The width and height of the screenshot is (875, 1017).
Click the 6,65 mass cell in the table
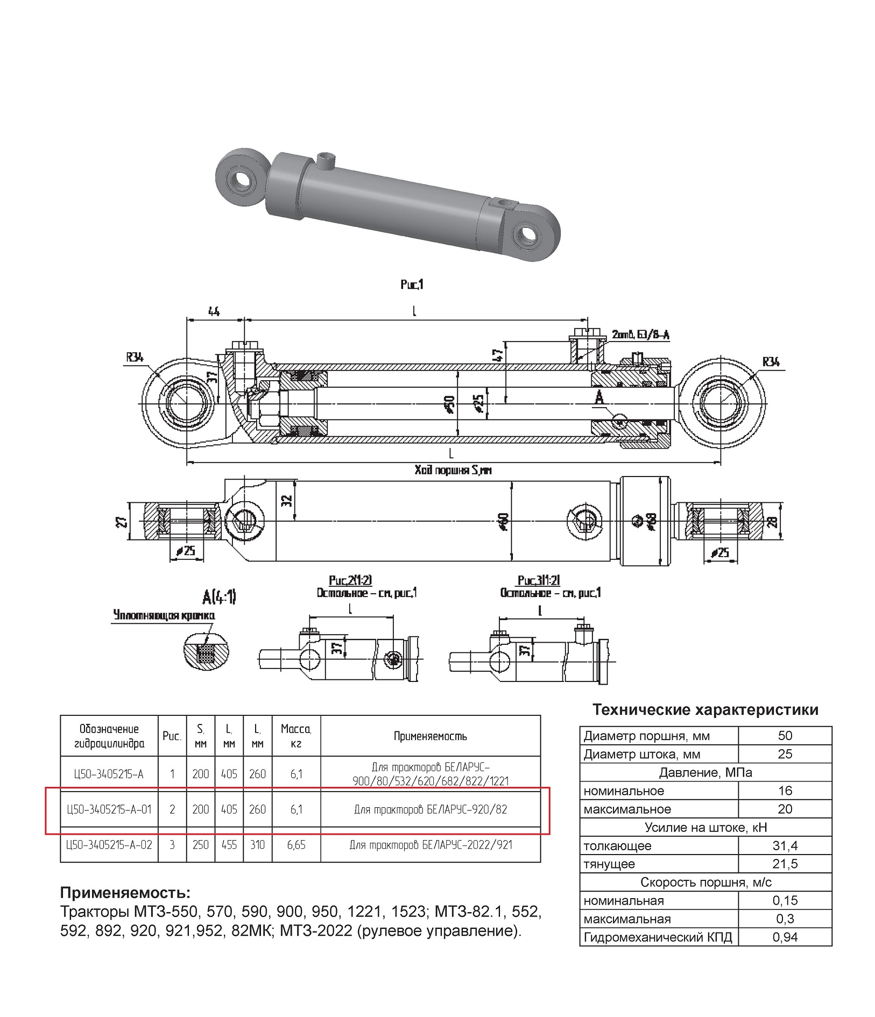tap(296, 845)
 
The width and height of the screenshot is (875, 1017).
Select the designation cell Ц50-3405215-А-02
tap(109, 845)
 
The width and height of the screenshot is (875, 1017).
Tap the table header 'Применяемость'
tap(430, 736)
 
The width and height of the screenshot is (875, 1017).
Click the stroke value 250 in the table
tap(200, 845)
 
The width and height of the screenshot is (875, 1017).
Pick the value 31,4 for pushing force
tap(785, 846)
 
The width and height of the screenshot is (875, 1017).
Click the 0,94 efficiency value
tap(785, 937)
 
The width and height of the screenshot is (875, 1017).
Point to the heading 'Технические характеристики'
tap(705, 710)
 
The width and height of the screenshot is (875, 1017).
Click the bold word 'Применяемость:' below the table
tap(125, 893)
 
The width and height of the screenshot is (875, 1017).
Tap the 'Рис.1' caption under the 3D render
tap(412, 285)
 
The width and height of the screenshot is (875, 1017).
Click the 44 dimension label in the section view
tap(214, 311)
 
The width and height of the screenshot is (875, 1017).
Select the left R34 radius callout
tap(135, 357)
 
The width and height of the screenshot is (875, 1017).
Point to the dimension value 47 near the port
tap(498, 355)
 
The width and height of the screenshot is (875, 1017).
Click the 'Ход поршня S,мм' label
tap(453, 470)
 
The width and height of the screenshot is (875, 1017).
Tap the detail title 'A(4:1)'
tap(218, 596)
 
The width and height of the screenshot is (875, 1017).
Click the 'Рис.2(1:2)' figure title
tap(350, 580)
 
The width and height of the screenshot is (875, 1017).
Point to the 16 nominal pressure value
tap(785, 791)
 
